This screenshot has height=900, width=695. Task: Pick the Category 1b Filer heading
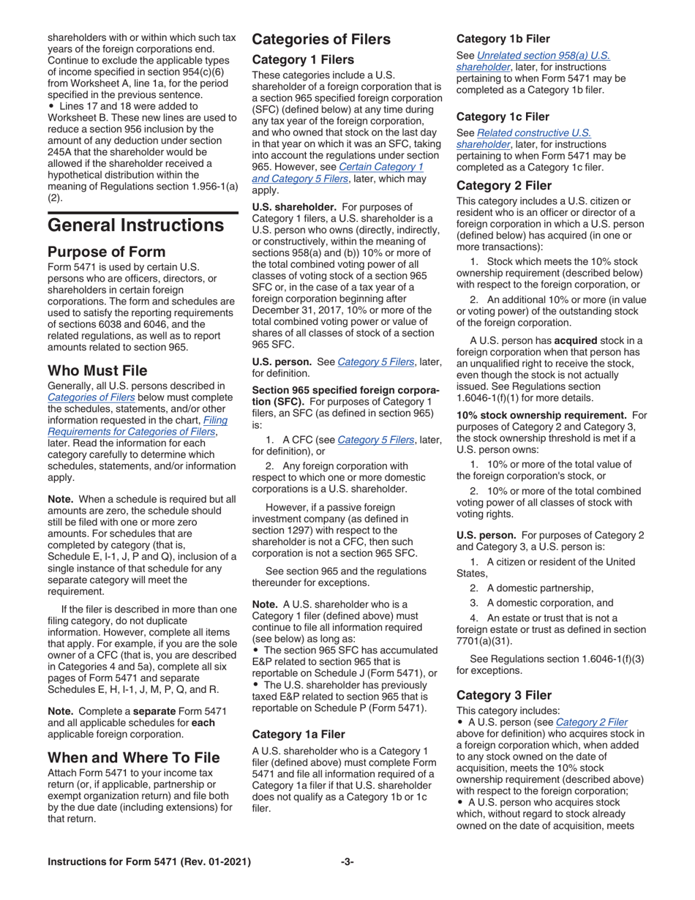point(503,38)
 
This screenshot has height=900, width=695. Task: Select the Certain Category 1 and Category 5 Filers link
point(338,172)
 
